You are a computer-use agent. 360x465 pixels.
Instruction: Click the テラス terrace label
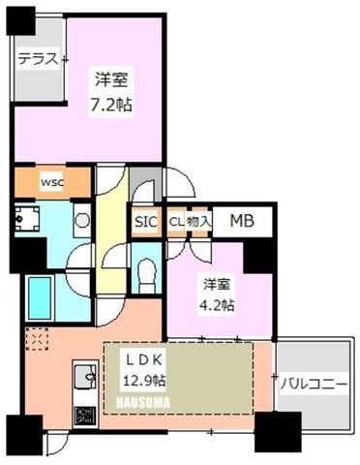tap(39, 59)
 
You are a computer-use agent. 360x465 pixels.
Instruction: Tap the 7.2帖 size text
tap(111, 105)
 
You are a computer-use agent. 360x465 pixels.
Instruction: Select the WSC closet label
tap(52, 183)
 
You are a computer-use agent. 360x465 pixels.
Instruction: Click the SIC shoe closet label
tap(146, 222)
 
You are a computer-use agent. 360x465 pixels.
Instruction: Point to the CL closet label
tap(176, 222)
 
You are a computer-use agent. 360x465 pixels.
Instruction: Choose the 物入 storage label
tap(199, 222)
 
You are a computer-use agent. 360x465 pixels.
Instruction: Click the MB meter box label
tap(242, 221)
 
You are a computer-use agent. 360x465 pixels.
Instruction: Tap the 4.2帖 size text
tap(217, 304)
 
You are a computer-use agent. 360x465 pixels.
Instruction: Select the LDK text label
tap(144, 360)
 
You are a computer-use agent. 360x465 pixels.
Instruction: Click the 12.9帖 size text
tap(144, 381)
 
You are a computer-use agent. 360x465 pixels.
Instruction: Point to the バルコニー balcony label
tap(314, 385)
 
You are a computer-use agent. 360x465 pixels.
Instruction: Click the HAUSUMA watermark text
tap(142, 403)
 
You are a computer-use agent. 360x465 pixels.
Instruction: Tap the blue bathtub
tap(40, 298)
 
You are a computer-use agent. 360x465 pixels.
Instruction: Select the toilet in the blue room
tap(147, 275)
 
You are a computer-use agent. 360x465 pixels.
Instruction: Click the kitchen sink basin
tap(85, 377)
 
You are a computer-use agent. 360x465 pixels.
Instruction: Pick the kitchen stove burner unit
tap(85, 415)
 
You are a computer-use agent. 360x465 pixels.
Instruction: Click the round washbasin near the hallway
tap(82, 220)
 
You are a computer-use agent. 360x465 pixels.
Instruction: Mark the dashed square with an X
tap(37, 339)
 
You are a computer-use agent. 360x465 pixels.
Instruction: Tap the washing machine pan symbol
tap(27, 219)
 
